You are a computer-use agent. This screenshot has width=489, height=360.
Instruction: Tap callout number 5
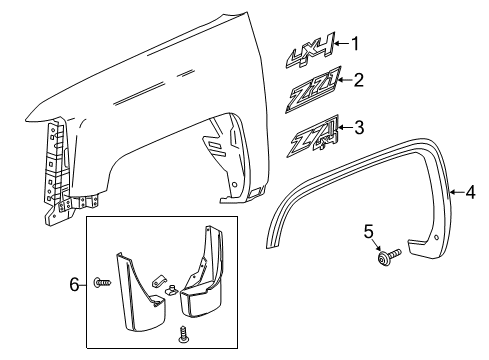click(x=368, y=262)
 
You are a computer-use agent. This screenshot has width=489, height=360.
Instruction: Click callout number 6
click(x=74, y=285)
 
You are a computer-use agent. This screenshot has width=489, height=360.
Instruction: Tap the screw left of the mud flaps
click(x=100, y=285)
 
